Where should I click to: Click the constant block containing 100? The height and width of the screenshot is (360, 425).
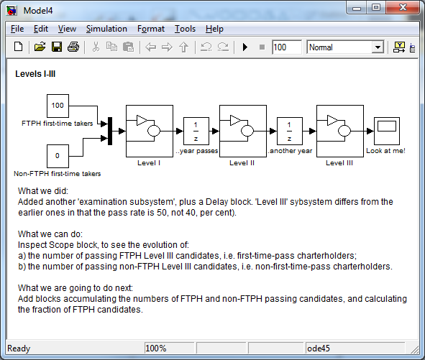click(58, 106)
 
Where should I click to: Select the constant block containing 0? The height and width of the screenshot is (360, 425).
click(58, 157)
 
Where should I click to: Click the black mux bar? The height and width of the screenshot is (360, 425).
click(110, 131)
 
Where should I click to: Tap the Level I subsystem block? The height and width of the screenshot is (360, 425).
click(150, 131)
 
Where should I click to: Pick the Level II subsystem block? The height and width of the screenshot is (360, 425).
click(243, 131)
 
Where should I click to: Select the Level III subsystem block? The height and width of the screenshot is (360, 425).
click(340, 131)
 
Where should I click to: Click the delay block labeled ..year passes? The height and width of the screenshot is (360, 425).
click(196, 131)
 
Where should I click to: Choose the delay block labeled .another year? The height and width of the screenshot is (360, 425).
click(290, 131)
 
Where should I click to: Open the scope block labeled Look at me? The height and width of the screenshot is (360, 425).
click(387, 131)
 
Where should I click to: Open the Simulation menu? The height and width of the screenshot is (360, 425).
click(106, 29)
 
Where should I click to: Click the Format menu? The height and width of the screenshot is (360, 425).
click(151, 29)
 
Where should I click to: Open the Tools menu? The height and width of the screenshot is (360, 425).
click(185, 29)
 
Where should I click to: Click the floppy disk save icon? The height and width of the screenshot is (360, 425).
click(57, 47)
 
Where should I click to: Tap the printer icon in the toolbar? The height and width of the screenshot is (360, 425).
click(73, 47)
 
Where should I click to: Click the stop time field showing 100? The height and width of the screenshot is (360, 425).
click(287, 47)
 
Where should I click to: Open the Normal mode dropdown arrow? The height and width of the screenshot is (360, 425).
click(378, 47)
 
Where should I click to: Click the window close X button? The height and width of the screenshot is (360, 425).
click(403, 7)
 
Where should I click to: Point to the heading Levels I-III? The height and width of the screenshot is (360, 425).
click(35, 74)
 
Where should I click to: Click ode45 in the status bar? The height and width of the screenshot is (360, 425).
click(319, 349)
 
